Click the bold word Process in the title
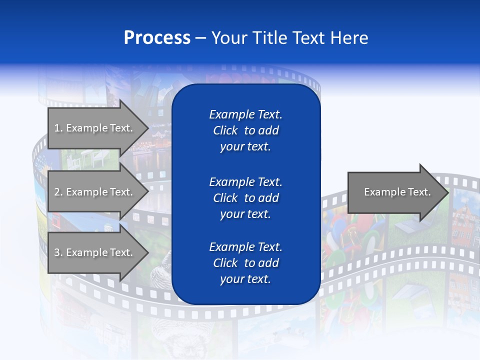point(157,38)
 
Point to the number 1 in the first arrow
point(57,128)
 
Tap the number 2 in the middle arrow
point(57,192)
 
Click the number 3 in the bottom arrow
point(57,252)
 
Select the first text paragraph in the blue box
point(245,130)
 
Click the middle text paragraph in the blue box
point(245,197)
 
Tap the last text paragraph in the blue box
point(245,263)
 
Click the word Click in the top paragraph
point(225,130)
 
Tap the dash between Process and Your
point(200,38)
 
